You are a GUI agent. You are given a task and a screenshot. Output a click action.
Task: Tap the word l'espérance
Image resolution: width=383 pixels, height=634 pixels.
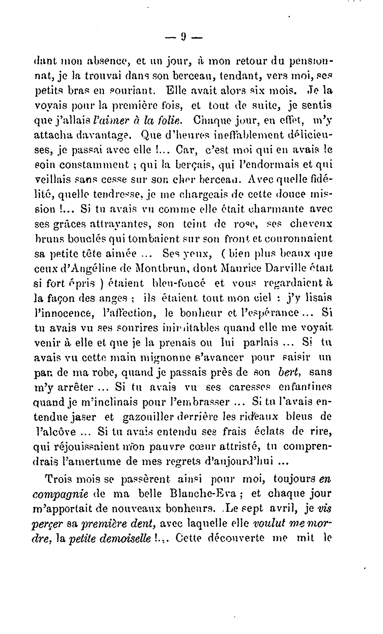pos(272,313)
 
